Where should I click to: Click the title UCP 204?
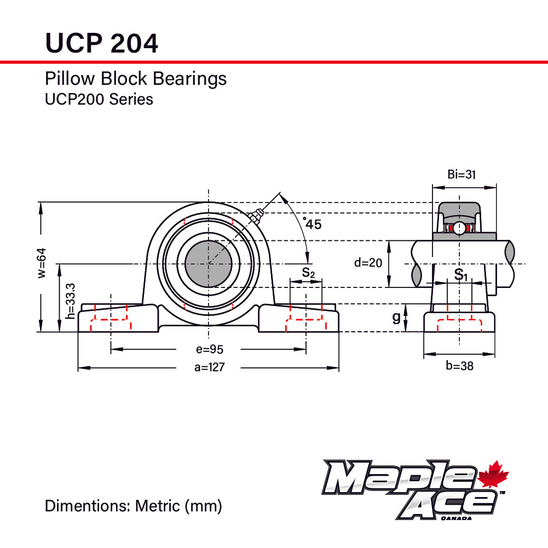101,43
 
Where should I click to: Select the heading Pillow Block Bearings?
135,79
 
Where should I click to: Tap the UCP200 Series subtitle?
99,100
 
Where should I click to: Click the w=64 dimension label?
42,263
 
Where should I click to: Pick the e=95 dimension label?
209,349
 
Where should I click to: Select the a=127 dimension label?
209,367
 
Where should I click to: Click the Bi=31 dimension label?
462,175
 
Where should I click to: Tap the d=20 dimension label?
367,263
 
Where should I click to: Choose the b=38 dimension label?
459,366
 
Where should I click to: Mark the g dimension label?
396,318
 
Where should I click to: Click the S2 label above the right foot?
308,272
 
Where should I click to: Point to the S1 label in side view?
461,274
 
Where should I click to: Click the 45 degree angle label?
313,223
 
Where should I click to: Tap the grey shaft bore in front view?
209,264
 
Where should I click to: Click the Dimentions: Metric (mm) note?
133,506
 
